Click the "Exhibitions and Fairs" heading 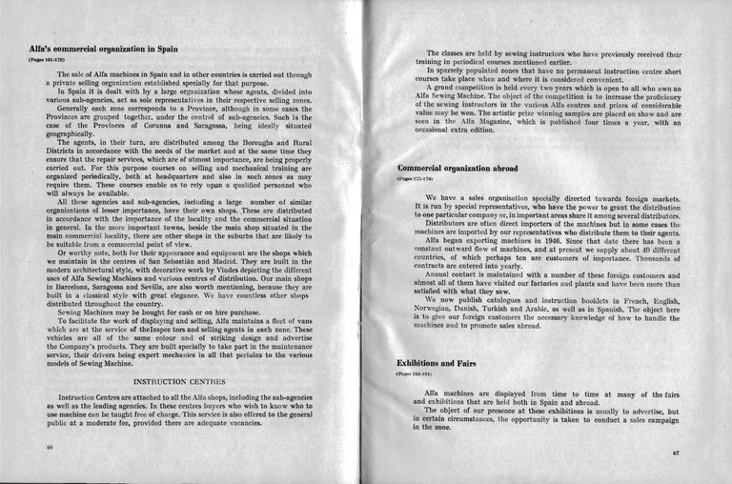pyautogui.click(x=435, y=363)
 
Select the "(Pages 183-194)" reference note pyautogui.click(x=416, y=374)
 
